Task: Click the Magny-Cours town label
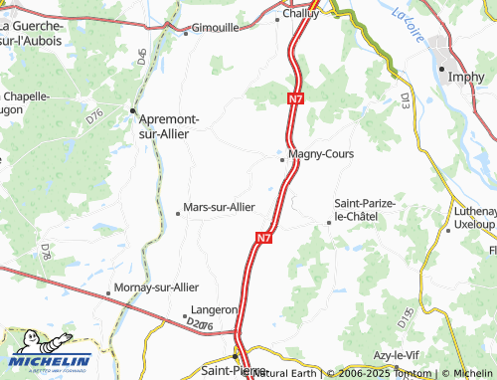pyautogui.click(x=320, y=154)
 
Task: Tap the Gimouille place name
pyautogui.click(x=215, y=28)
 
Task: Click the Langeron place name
pyautogui.click(x=214, y=310)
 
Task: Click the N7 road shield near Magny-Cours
pyautogui.click(x=295, y=99)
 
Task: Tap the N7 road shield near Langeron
pyautogui.click(x=262, y=239)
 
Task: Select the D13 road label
pyautogui.click(x=406, y=99)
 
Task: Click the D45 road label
pyautogui.click(x=143, y=57)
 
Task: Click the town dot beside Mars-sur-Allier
pyautogui.click(x=178, y=212)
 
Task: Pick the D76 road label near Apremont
pyautogui.click(x=95, y=116)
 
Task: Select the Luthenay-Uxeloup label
pyautogui.click(x=475, y=218)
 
